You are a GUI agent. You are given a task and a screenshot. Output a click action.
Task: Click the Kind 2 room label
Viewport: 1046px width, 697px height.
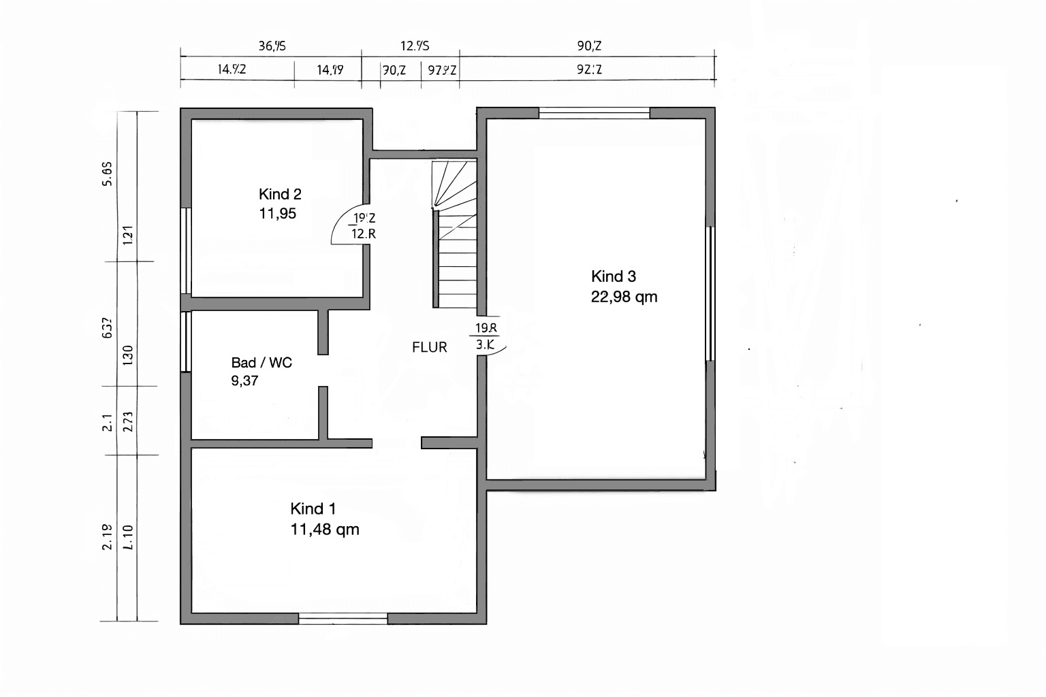pos(280,194)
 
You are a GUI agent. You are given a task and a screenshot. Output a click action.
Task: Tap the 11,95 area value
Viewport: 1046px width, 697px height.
pos(277,214)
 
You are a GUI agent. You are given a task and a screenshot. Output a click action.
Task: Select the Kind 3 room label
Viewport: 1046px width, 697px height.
pos(613,276)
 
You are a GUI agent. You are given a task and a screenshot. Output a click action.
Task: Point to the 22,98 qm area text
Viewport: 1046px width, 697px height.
pos(624,297)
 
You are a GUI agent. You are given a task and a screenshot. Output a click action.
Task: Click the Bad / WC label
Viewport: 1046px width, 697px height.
pos(261,363)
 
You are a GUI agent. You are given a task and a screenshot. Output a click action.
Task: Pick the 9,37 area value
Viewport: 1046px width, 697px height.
pos(244,381)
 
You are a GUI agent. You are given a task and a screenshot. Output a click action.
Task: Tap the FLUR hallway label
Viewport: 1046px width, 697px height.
pos(430,347)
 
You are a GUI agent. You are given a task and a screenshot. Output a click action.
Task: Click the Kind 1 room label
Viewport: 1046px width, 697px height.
pos(313,509)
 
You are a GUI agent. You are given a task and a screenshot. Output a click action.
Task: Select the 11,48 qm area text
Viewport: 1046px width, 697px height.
pos(324,530)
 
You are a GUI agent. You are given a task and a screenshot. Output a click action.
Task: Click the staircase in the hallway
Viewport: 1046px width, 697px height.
pos(456,235)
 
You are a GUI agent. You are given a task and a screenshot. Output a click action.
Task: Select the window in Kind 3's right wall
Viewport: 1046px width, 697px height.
pos(710,293)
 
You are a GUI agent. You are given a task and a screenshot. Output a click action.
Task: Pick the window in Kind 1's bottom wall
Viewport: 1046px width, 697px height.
pos(343,619)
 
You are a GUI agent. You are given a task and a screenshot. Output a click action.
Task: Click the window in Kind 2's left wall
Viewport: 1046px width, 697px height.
pos(185,250)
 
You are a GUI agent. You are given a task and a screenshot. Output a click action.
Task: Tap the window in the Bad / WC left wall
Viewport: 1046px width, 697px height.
pos(185,342)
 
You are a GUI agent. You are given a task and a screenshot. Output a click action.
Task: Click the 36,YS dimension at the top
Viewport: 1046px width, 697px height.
pos(272,46)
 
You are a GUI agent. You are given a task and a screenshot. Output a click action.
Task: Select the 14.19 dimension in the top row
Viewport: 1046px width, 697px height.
pos(330,69)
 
